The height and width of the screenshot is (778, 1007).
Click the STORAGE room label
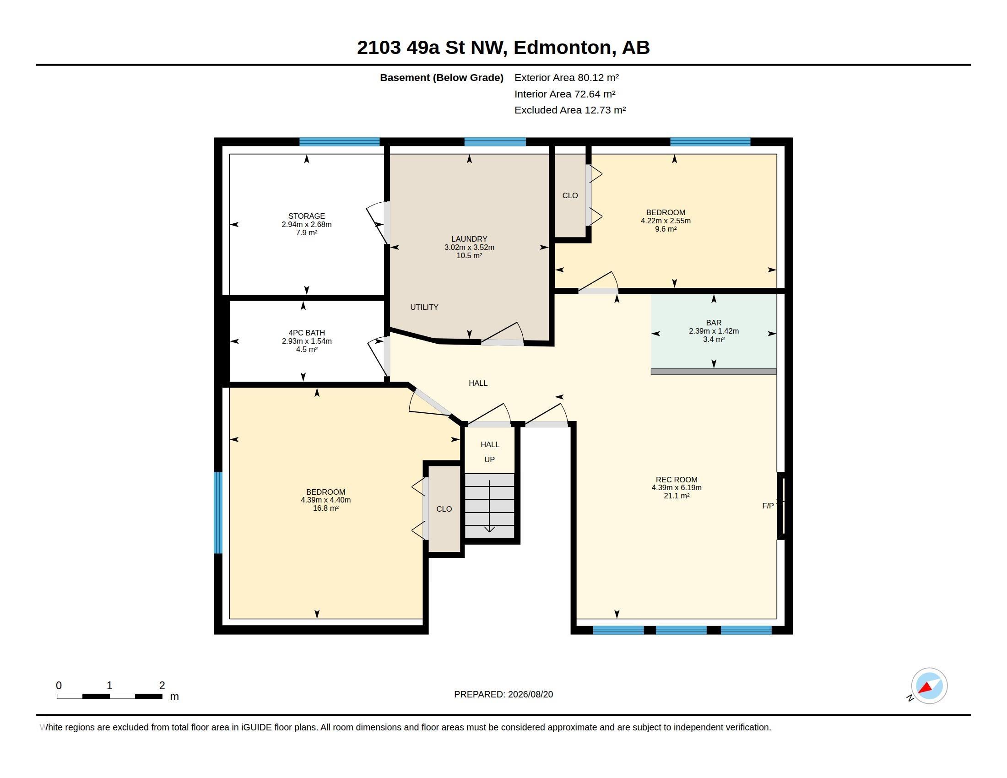307,216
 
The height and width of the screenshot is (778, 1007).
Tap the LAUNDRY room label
469,239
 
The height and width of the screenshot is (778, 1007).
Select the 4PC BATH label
307,333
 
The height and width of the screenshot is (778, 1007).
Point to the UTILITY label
424,307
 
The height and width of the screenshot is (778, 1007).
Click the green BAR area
714,332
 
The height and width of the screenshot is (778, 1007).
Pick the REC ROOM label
677,479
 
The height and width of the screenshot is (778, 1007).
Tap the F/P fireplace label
768,506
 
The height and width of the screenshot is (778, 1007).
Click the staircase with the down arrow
489,506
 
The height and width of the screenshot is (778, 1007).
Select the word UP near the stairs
489,459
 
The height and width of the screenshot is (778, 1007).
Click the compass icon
929,686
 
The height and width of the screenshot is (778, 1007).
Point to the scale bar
109,697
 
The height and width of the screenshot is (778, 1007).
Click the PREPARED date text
503,694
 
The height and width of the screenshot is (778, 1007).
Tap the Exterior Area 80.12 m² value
567,77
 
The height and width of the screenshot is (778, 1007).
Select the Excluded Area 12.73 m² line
570,110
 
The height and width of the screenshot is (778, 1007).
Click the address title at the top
503,48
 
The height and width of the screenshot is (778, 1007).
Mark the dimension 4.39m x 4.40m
325,500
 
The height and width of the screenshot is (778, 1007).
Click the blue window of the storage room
339,142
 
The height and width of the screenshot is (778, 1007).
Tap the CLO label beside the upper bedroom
570,195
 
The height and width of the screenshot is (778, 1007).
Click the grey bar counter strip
714,372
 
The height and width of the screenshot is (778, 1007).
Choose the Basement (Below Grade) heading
442,78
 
